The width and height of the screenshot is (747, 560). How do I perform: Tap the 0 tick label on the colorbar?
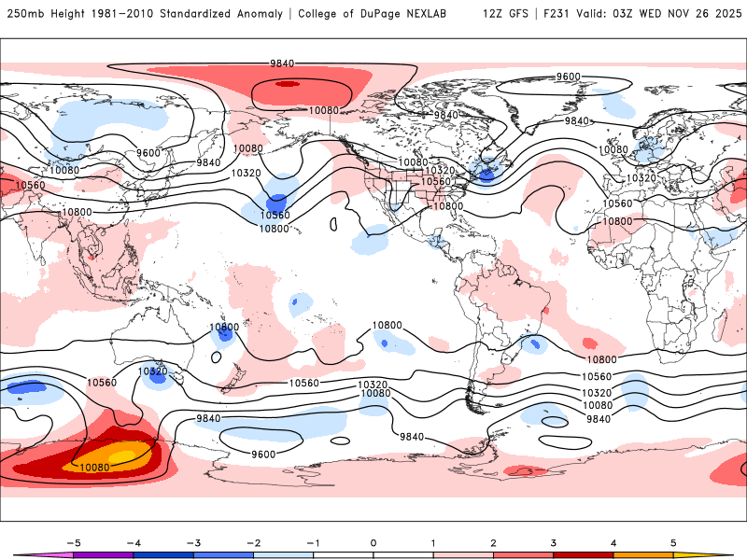coord(373,542)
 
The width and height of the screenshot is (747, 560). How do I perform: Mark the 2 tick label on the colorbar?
coord(493,542)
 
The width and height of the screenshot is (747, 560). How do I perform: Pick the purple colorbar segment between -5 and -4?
coord(103,555)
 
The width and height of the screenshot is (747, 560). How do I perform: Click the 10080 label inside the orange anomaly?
coord(96,468)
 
